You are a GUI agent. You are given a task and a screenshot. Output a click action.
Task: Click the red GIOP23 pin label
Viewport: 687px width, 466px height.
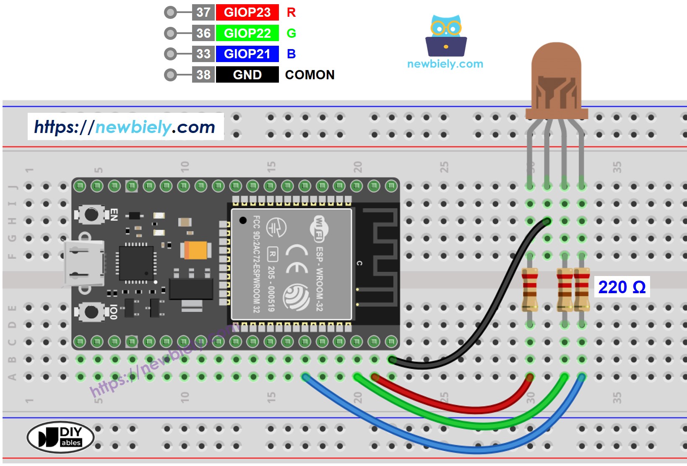[247, 12]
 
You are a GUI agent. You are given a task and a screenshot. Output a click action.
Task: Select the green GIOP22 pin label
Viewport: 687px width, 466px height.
[247, 33]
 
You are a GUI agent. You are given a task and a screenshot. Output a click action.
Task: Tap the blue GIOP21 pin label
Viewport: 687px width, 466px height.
[247, 54]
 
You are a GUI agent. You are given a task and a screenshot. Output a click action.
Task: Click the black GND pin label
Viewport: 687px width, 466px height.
[247, 75]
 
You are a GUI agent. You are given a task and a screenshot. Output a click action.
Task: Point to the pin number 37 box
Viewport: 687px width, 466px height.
[203, 12]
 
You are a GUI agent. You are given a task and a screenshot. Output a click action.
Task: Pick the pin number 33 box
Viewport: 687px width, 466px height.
[203, 54]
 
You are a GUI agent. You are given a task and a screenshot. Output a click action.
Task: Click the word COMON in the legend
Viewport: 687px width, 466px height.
[310, 75]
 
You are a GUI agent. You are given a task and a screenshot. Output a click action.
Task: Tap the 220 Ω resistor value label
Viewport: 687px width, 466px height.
[622, 287]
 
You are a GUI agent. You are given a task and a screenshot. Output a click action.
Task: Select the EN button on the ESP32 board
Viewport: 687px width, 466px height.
[91, 215]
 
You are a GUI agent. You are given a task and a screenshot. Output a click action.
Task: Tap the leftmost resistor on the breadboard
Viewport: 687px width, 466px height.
[530, 289]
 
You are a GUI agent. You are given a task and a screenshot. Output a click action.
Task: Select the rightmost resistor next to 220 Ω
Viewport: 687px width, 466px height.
[582, 289]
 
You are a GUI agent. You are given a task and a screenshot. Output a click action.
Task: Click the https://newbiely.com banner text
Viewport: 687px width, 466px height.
[125, 127]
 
